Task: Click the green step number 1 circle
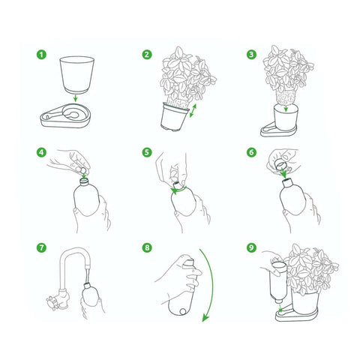(41, 55)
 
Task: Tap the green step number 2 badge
(147, 55)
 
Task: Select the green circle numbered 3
(251, 55)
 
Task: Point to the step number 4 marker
(41, 152)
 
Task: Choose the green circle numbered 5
(147, 152)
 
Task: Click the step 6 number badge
(251, 152)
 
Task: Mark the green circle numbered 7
(41, 247)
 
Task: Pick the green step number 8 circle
(147, 247)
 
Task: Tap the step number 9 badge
(251, 247)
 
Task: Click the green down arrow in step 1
(75, 98)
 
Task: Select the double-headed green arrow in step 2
(193, 111)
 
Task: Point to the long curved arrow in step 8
(213, 285)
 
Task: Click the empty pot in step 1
(77, 75)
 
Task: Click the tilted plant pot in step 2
(174, 117)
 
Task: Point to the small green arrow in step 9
(280, 308)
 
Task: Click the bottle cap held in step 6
(280, 164)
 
